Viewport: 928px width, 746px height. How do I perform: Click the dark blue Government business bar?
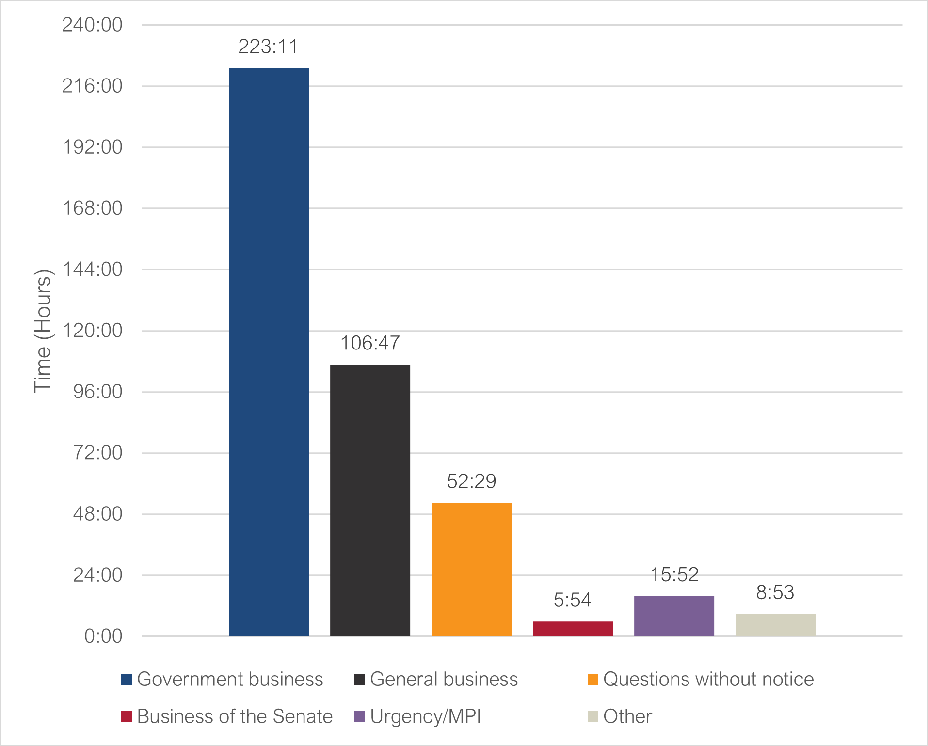[269, 352]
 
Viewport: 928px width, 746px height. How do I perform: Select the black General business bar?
[370, 500]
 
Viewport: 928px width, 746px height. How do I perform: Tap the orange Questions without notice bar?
[471, 569]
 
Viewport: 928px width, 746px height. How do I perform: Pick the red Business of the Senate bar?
[573, 629]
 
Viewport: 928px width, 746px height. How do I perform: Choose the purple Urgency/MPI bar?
[674, 616]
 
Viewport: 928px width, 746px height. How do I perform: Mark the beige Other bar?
[775, 625]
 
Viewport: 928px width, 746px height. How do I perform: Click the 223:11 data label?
[268, 47]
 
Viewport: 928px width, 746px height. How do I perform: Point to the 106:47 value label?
[370, 343]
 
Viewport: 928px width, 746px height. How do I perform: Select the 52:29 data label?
[471, 481]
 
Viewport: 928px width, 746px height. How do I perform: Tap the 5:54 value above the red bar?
[573, 601]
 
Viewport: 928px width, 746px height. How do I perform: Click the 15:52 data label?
[674, 575]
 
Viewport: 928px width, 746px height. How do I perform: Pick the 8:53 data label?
[775, 592]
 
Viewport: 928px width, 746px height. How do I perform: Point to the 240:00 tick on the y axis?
[92, 25]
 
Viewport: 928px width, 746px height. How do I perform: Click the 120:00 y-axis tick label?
[92, 331]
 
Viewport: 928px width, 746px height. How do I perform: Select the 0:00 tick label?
[103, 636]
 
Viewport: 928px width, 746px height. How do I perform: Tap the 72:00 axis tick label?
[97, 453]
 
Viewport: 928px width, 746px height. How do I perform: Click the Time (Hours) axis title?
[43, 331]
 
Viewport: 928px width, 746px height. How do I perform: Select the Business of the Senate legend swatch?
[127, 716]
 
